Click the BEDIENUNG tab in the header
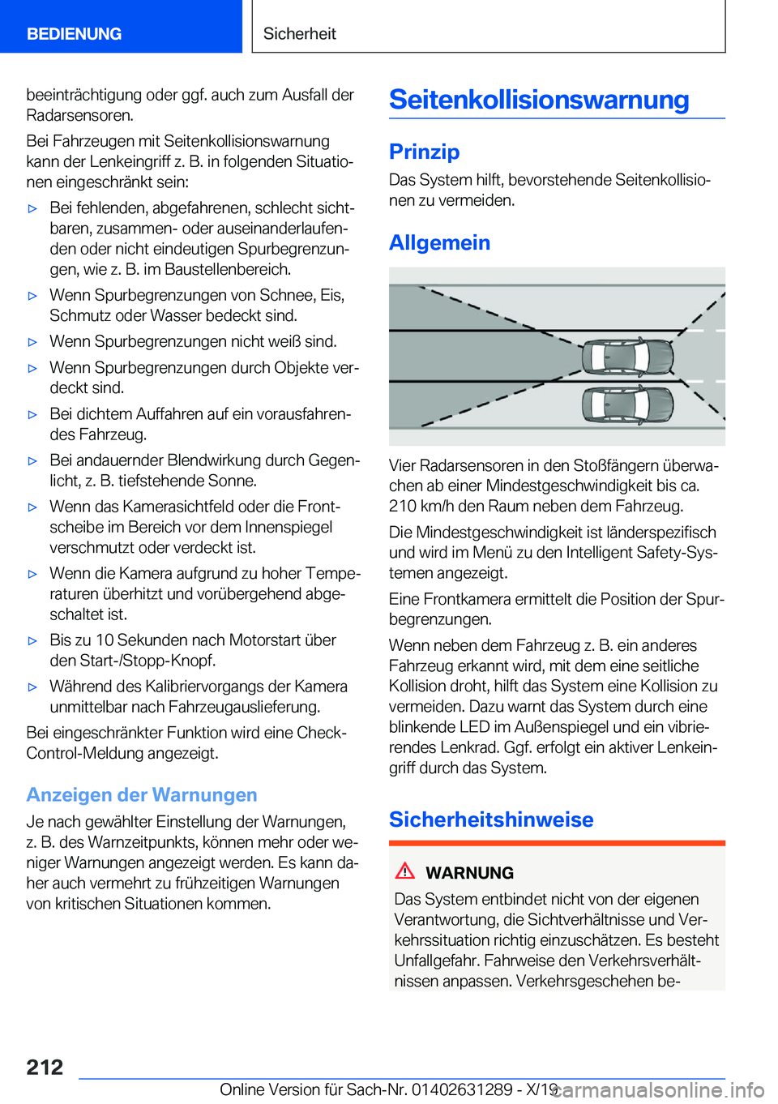tap(74, 34)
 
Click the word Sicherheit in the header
tap(299, 34)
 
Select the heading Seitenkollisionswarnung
tap(539, 100)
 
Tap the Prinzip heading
tap(424, 152)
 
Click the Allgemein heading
tap(439, 242)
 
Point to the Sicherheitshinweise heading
tap(491, 819)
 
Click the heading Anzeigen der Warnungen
tap(142, 794)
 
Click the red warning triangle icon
tap(405, 871)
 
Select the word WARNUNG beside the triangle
tap(469, 873)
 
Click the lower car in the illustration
tap(627, 404)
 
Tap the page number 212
tap(45, 1067)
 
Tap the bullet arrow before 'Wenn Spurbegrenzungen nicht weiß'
tap(32, 342)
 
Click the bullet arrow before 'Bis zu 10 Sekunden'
tap(32, 640)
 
